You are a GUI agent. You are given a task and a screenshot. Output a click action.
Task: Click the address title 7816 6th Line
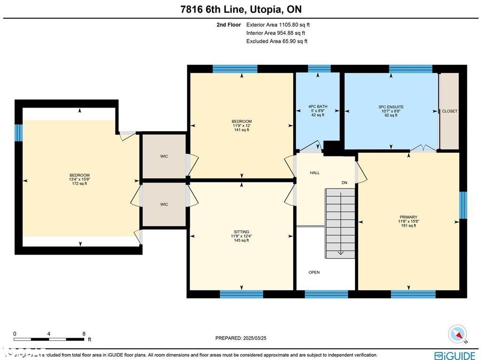click(240, 9)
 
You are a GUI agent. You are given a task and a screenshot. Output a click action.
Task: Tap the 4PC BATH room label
click(318, 107)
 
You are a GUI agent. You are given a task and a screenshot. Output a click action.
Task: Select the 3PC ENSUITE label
click(391, 107)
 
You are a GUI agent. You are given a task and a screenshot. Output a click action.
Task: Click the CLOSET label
click(450, 111)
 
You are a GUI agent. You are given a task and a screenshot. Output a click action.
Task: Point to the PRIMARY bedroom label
click(408, 217)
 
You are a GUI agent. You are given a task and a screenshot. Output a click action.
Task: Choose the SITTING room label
click(241, 232)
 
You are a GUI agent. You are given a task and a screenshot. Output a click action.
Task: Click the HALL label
click(315, 172)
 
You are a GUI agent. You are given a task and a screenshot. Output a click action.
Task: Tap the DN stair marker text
click(344, 183)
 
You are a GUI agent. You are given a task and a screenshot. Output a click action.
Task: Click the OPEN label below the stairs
click(314, 272)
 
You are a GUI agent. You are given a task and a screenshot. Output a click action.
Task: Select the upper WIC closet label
click(164, 157)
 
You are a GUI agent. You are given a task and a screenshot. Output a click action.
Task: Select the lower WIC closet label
click(164, 204)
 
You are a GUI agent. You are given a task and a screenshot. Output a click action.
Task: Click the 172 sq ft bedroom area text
click(79, 184)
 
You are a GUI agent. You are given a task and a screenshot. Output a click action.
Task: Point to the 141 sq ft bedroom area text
click(241, 130)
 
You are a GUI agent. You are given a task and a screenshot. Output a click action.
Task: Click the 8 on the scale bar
click(84, 334)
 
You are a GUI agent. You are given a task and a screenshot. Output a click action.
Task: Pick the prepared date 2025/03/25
click(240, 338)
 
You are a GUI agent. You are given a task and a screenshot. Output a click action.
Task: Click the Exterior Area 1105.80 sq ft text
click(278, 25)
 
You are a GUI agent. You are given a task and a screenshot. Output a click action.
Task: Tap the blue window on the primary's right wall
click(463, 205)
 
